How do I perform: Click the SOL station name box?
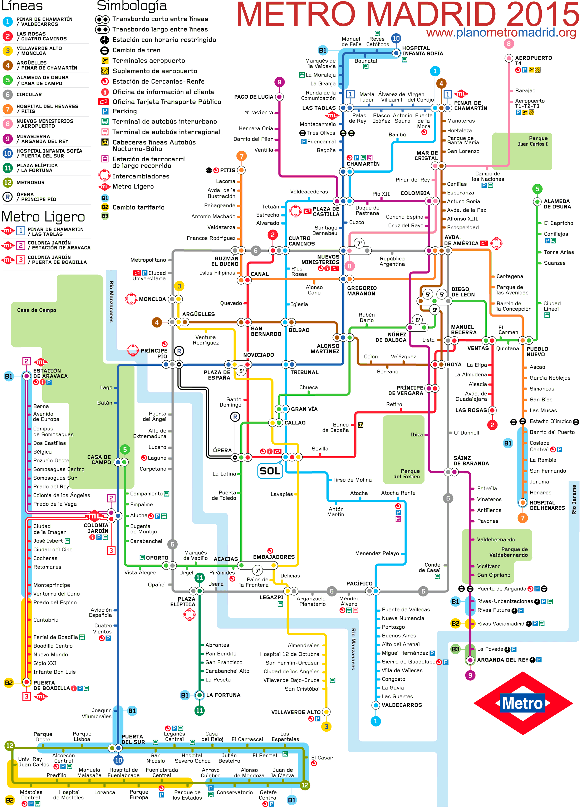pyautogui.click(x=270, y=471)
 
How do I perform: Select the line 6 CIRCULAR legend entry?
pyautogui.click(x=29, y=94)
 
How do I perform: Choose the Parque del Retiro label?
pyautogui.click(x=406, y=474)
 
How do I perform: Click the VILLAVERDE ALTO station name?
pyautogui.click(x=296, y=712)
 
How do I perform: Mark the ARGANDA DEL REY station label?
pyautogui.click(x=502, y=660)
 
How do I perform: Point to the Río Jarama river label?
pyautogui.click(x=574, y=499)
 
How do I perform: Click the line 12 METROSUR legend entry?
pyautogui.click(x=30, y=182)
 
